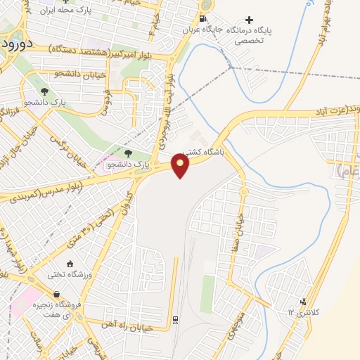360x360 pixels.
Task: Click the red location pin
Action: pyautogui.click(x=181, y=166)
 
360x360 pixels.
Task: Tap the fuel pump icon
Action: pyautogui.click(x=203, y=19)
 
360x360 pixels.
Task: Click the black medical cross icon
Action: pyautogui.click(x=247, y=19)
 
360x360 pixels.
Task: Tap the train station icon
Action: pyautogui.click(x=174, y=320)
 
